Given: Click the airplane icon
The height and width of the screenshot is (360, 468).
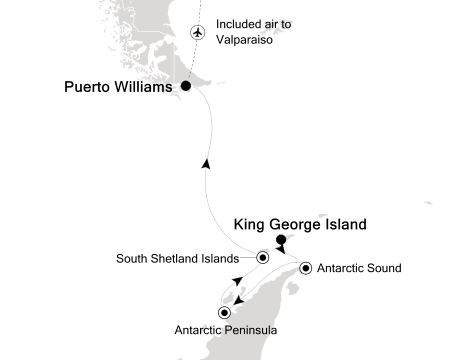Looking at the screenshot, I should point(198,32).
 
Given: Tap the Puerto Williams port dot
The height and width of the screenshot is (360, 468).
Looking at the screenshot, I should point(185,86).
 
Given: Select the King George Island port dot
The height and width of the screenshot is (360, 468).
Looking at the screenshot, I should point(281,239).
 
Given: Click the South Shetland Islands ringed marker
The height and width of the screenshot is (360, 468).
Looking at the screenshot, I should point(262,258).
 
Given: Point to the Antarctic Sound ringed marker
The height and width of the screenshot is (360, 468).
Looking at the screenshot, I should point(306,268).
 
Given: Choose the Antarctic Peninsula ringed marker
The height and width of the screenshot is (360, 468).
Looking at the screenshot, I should point(224,313).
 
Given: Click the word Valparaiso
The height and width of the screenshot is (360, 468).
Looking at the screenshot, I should point(244,40).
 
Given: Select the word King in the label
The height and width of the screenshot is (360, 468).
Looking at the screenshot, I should point(249,225).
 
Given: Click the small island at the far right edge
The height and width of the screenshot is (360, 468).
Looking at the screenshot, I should point(428,203).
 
